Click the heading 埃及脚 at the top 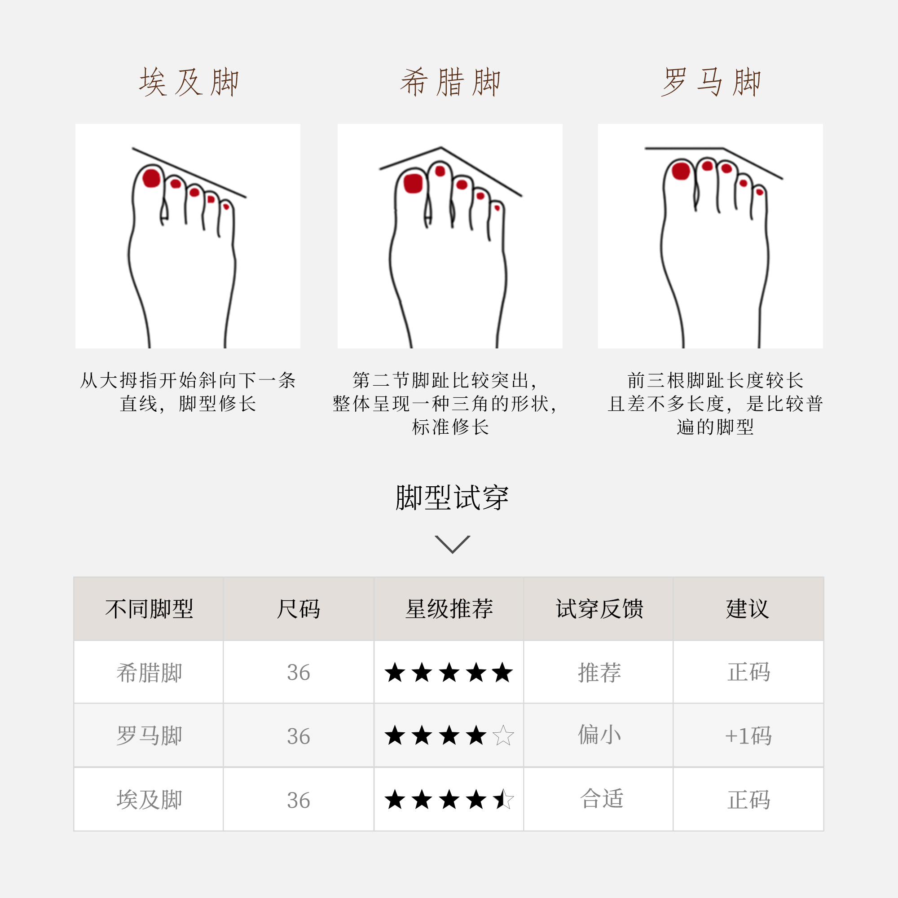point(189,82)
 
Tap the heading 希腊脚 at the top point(450,82)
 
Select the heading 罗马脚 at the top point(711,82)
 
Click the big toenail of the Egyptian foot point(151,178)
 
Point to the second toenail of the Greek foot point(440,172)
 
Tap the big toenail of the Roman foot point(681,171)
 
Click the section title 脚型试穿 point(452,498)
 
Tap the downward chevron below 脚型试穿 point(452,544)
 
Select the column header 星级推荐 point(449,609)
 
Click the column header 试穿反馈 point(599,609)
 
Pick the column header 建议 point(748,609)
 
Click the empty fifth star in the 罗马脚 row point(503,736)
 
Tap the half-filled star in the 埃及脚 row point(503,800)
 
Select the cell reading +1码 point(748,736)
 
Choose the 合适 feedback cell point(601,799)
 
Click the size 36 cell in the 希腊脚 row point(299,673)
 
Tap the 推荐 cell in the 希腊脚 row point(599,673)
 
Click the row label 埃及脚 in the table point(149,800)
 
